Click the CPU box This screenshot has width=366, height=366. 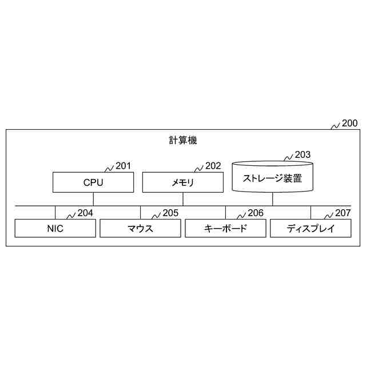[93, 183]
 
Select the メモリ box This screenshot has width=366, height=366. [183, 183]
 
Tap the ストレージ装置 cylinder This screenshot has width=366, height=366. [273, 178]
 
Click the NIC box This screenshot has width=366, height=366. [55, 229]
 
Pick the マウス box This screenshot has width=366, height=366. [140, 229]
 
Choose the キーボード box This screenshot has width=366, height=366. [225, 229]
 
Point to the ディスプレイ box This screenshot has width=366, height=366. [311, 229]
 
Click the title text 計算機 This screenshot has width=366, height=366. [183, 140]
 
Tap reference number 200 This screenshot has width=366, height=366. [349, 123]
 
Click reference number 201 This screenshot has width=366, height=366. [123, 166]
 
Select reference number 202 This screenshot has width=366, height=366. [213, 166]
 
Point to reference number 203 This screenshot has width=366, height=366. [303, 155]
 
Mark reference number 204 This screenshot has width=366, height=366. [85, 213]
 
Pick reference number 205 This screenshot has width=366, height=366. [170, 213]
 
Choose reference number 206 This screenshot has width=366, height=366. [256, 213]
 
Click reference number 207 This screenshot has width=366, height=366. [343, 213]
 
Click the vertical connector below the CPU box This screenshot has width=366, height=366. [93, 199]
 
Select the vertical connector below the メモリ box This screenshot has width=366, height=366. [183, 199]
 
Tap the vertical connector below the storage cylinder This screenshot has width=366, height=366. [273, 199]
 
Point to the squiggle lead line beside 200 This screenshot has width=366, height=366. [336, 126]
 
